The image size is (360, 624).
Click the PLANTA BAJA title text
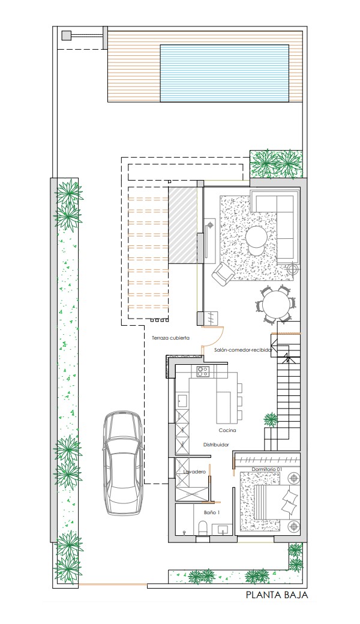[277, 595]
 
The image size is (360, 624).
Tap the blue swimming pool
[224, 73]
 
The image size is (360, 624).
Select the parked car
[122, 463]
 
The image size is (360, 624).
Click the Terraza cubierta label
[170, 338]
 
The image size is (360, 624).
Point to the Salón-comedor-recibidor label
[242, 350]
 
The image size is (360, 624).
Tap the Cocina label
[227, 430]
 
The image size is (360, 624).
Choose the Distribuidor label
[216, 445]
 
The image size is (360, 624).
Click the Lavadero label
[194, 472]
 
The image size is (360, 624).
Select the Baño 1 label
[212, 512]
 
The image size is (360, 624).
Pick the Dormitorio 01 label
[266, 469]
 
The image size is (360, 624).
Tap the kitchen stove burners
[203, 371]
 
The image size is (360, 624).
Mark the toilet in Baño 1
[203, 527]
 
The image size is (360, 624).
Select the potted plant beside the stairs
[271, 419]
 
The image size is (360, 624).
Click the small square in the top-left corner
[66, 36]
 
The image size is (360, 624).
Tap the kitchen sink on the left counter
[182, 401]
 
